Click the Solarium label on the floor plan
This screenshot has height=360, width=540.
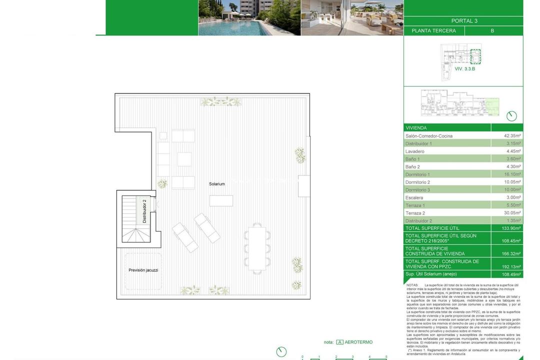(217, 184)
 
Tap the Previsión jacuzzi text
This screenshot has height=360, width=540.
(143, 270)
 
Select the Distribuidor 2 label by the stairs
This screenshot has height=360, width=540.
(144, 211)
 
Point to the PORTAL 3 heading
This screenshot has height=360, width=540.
(464, 21)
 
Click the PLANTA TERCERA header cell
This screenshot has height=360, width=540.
(433, 30)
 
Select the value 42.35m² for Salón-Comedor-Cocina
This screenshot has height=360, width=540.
(512, 136)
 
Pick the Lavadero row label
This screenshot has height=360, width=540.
(415, 151)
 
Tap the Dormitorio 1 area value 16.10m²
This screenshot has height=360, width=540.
(512, 174)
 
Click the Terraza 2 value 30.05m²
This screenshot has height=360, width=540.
(512, 213)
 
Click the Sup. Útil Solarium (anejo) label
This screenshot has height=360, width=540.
(431, 274)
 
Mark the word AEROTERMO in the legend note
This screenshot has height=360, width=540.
(359, 342)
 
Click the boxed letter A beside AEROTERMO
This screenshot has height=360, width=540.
(339, 342)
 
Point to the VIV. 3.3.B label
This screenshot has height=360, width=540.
(464, 68)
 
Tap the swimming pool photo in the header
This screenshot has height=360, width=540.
(249, 17)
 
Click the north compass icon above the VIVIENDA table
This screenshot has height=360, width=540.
(511, 116)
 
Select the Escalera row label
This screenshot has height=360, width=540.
(414, 197)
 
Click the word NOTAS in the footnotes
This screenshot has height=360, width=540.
(412, 285)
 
